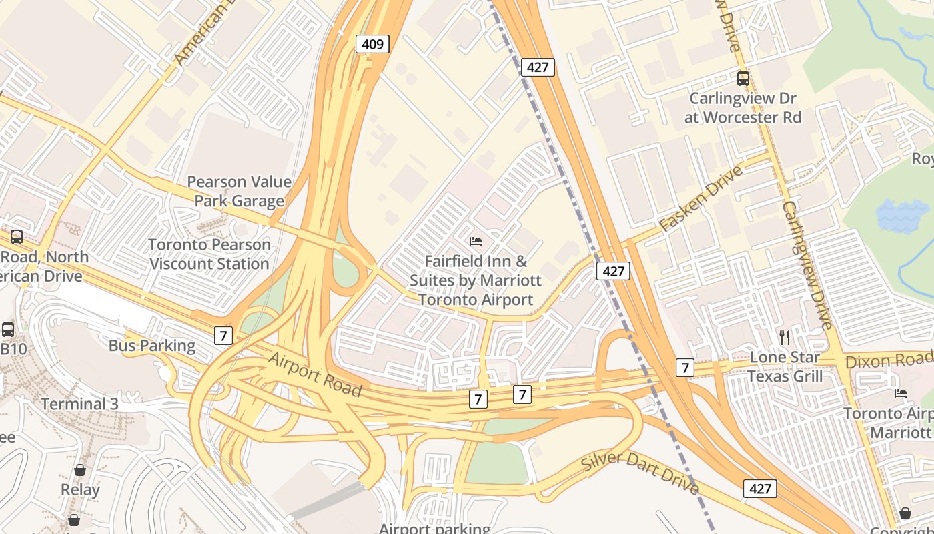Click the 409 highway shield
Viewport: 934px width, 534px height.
coord(372,44)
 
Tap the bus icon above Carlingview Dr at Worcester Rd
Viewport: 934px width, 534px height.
coord(743,79)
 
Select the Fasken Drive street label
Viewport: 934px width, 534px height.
coord(700,199)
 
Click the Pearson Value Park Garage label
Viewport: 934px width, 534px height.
coord(239,191)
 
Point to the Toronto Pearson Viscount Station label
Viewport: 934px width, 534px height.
coord(209,254)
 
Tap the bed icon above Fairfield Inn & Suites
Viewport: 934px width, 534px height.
coord(476,241)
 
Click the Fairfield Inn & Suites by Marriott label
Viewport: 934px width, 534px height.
coord(476,280)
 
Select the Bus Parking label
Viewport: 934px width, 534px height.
coord(152,346)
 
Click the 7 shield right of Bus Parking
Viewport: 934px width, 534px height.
coord(223,335)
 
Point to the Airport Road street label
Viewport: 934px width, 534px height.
coord(314,374)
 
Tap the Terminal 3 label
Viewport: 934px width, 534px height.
coord(79,404)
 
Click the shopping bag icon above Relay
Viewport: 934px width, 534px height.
coord(80,470)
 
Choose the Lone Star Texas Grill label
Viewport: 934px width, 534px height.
coord(785,366)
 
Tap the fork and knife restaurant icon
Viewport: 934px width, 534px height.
coord(785,337)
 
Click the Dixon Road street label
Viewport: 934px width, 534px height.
coord(887,361)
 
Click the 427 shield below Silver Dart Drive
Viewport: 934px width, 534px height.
coord(760,489)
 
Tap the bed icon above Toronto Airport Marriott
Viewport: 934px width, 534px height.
coord(901,394)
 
